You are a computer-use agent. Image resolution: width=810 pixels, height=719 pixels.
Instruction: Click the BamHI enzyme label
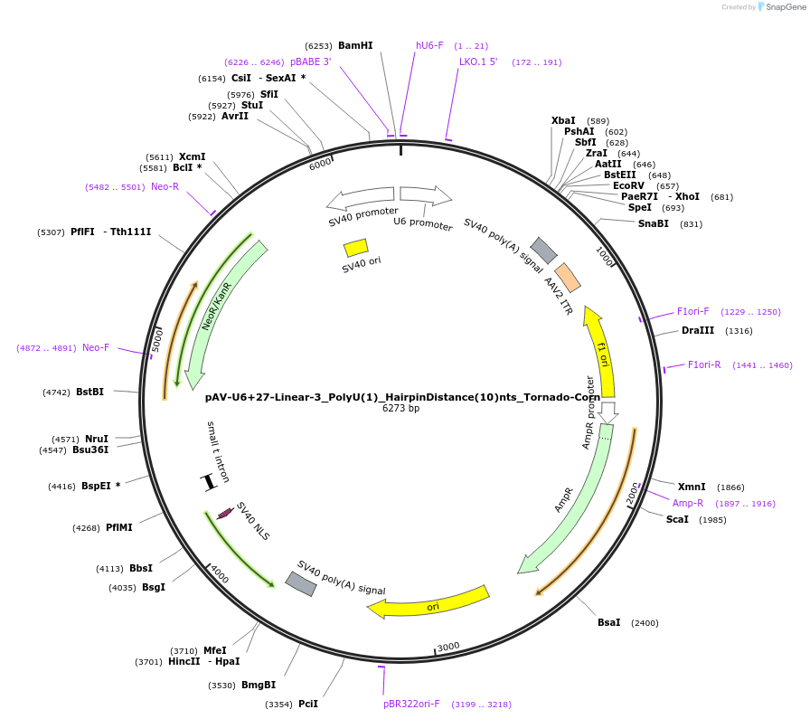[x=355, y=45]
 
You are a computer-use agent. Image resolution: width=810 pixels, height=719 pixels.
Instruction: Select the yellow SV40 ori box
[x=355, y=247]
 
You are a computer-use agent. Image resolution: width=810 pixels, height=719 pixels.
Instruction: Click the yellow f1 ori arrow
[x=601, y=353]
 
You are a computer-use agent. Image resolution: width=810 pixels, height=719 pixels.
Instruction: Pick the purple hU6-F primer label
[x=429, y=45]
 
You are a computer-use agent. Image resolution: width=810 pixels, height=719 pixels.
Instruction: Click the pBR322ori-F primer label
[x=411, y=704]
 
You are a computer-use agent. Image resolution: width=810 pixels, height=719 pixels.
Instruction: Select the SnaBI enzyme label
[x=654, y=223]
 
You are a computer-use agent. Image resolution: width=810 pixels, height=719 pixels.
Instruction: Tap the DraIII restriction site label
[x=698, y=330]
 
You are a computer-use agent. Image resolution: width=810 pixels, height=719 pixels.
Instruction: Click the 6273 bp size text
[x=400, y=409]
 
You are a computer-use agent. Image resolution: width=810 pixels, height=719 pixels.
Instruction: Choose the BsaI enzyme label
[x=609, y=622]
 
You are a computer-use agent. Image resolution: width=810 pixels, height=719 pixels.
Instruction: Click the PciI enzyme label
[x=308, y=704]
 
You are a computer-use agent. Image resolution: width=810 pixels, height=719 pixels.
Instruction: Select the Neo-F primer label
[x=96, y=347]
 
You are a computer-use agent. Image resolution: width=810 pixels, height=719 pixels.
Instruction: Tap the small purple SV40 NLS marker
[x=225, y=513]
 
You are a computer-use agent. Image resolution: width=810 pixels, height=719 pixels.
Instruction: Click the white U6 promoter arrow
[x=426, y=194]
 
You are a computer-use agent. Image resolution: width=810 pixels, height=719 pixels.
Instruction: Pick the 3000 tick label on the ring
[x=448, y=646]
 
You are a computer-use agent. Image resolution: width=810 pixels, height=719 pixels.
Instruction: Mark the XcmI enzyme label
[x=192, y=156]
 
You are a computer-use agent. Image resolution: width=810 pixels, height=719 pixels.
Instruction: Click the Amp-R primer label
[x=688, y=503]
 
